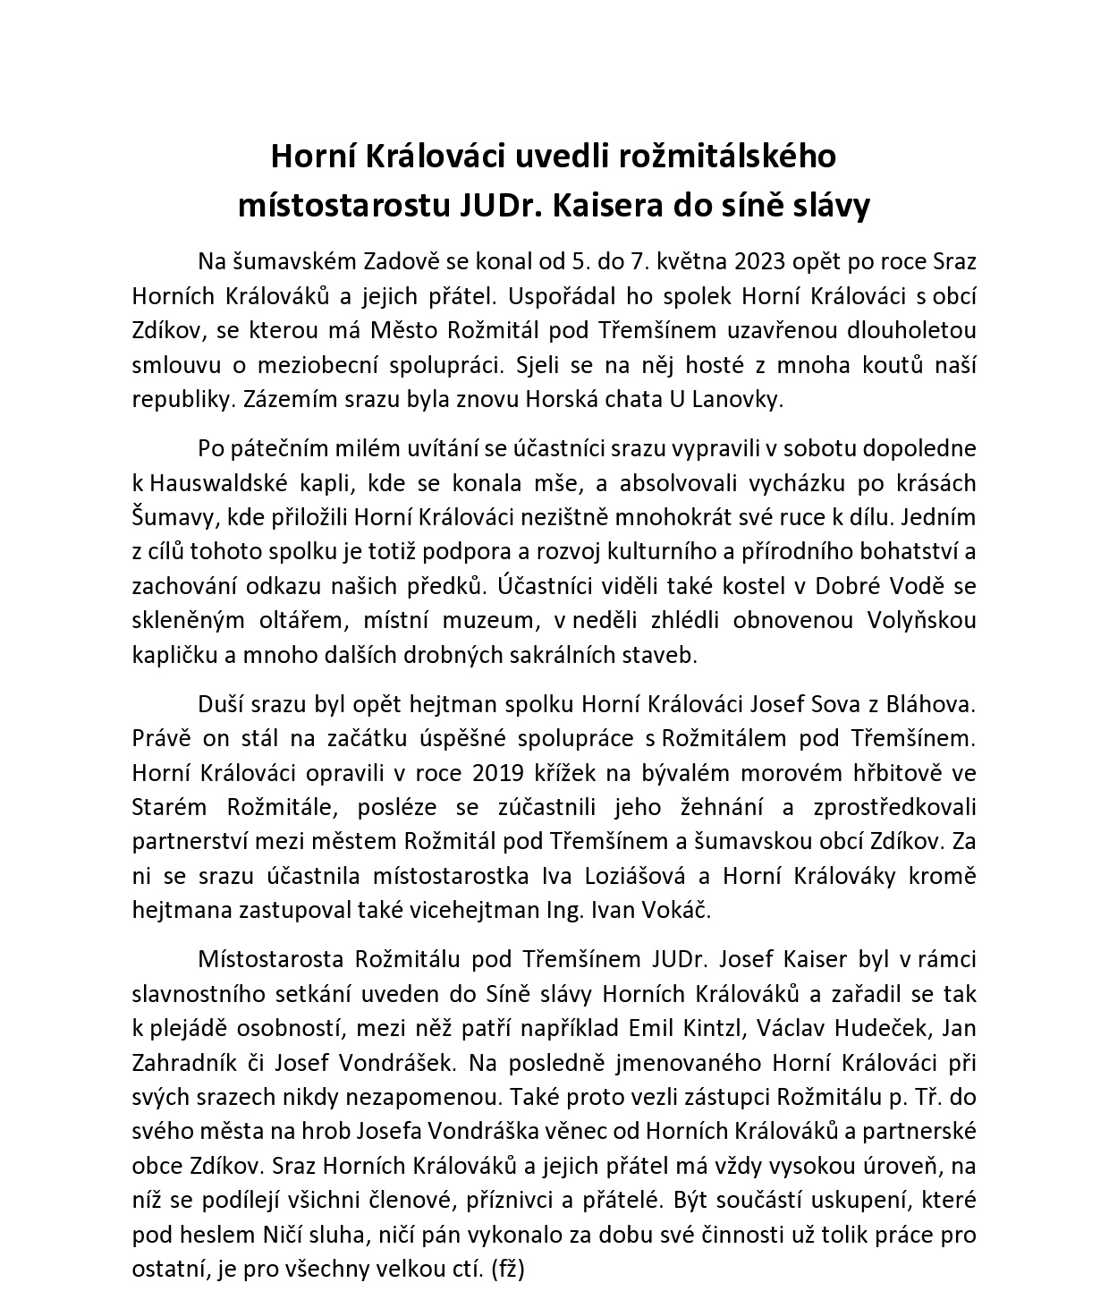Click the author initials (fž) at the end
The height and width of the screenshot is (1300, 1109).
[x=508, y=1270]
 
